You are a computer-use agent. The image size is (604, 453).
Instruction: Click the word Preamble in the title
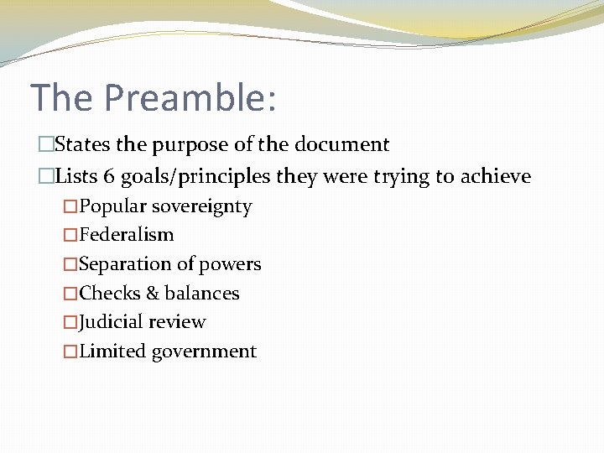tap(190, 97)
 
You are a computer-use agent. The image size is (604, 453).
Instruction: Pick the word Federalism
tap(127, 235)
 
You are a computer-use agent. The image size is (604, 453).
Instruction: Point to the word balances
tap(202, 294)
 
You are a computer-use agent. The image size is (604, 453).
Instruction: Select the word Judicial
tap(112, 322)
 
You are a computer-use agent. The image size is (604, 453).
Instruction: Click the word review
tap(179, 322)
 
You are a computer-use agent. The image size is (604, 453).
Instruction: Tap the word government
tap(204, 351)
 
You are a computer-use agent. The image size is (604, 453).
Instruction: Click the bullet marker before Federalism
tap(70, 235)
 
